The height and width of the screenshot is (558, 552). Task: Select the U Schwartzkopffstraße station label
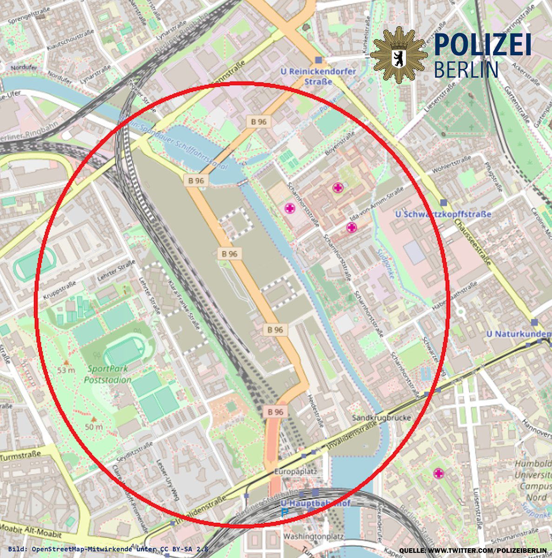pos(443,214)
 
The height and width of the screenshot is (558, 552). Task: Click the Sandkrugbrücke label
pos(381,418)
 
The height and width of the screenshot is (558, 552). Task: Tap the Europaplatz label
pos(295,472)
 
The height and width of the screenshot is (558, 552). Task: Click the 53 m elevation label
pos(66,370)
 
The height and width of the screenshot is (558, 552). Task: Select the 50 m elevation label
pos(93,427)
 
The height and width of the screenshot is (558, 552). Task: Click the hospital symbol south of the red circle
pos(438,474)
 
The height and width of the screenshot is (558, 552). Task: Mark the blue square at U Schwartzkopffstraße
pos(443,202)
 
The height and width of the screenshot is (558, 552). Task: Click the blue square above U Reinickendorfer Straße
pos(318,60)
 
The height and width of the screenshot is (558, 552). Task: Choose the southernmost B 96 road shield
pos(275,412)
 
